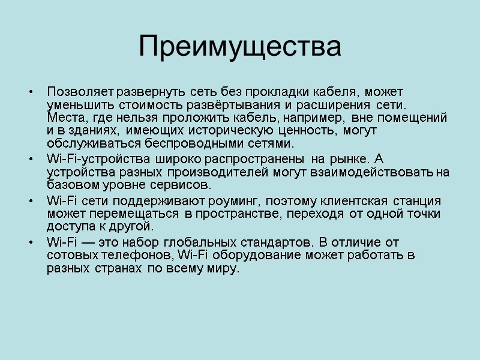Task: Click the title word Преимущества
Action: coord(240,47)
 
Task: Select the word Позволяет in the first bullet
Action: coord(80,92)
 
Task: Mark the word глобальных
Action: coord(197,242)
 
